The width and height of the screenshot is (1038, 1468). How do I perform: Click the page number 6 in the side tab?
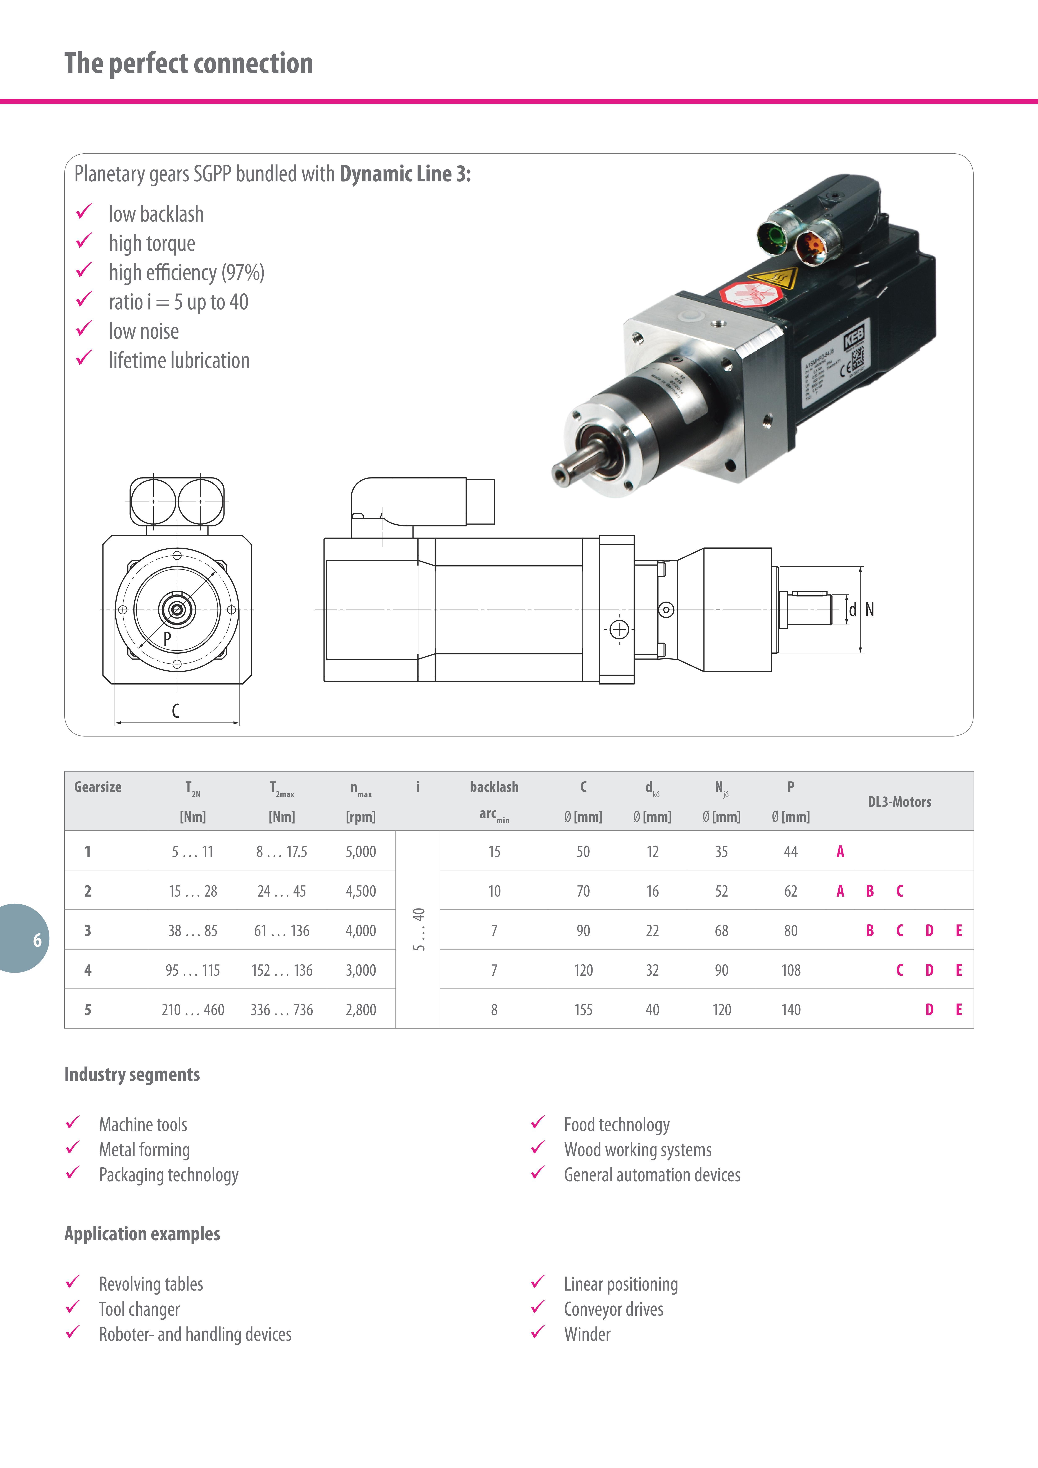pos(37,940)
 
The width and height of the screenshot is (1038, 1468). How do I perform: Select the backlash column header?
pos(494,787)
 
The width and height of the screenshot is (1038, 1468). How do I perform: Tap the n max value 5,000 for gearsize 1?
pos(361,852)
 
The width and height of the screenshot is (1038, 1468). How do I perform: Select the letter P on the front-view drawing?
pos(167,638)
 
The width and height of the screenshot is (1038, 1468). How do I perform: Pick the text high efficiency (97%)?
pos(186,273)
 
